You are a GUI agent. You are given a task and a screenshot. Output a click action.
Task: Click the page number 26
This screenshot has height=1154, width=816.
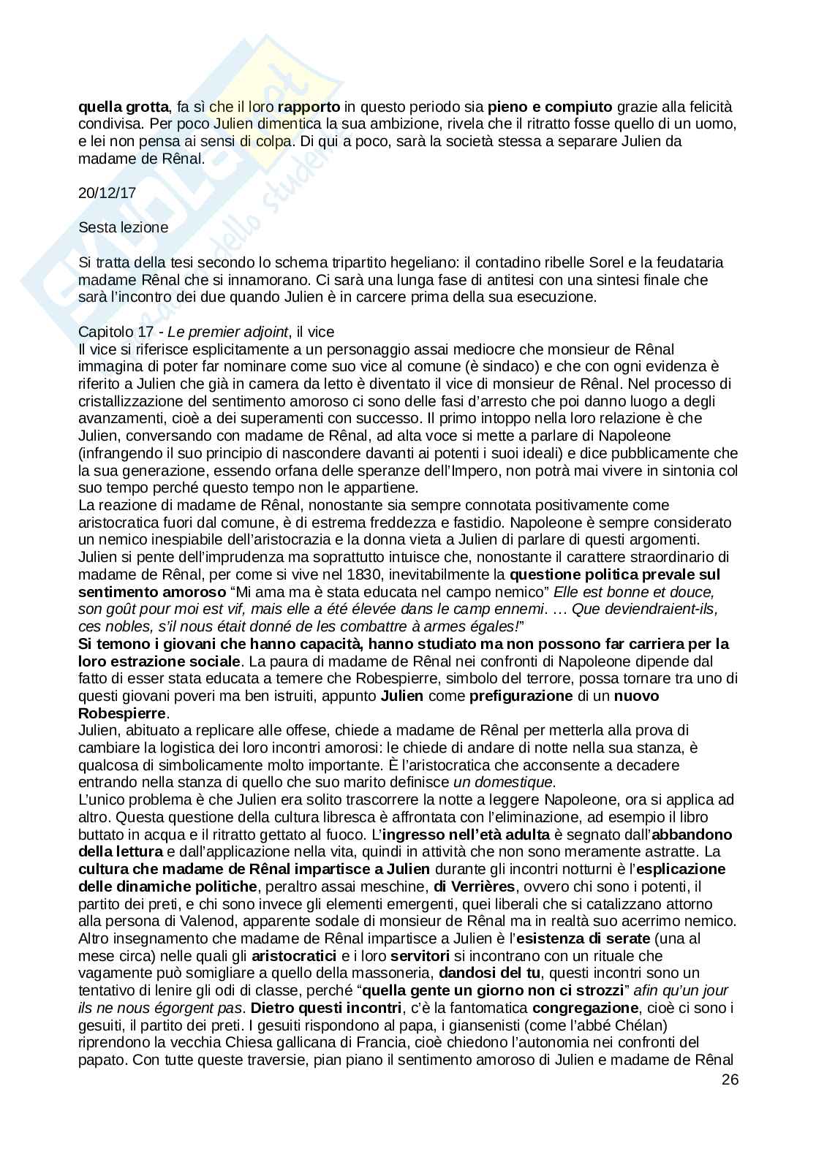point(730,1079)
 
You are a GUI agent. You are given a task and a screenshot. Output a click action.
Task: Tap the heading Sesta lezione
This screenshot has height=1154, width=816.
point(124,227)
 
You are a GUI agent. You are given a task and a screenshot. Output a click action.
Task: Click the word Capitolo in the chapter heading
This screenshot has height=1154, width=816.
point(103,332)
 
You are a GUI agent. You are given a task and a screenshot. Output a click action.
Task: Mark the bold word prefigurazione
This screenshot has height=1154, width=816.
point(521,696)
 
